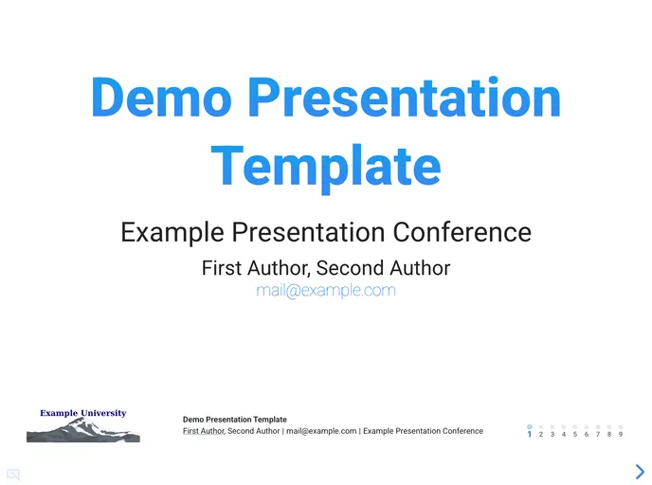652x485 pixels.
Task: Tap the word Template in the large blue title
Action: (326, 165)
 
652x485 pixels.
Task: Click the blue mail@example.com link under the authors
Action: (325, 291)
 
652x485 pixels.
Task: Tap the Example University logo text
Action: (82, 413)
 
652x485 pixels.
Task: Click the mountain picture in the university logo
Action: (82, 432)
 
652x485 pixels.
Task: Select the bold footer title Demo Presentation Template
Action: (234, 419)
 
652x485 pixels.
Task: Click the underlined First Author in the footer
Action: (204, 431)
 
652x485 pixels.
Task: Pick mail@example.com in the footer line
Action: (321, 431)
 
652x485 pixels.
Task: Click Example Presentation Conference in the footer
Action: (423, 431)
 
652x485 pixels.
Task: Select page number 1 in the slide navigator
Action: (529, 434)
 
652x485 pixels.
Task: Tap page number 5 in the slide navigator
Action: (574, 434)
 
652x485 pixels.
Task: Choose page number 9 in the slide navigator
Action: (620, 434)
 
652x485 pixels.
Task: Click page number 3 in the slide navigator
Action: (552, 434)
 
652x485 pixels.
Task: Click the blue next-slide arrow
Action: (640, 471)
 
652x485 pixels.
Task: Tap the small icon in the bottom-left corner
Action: (13, 475)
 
